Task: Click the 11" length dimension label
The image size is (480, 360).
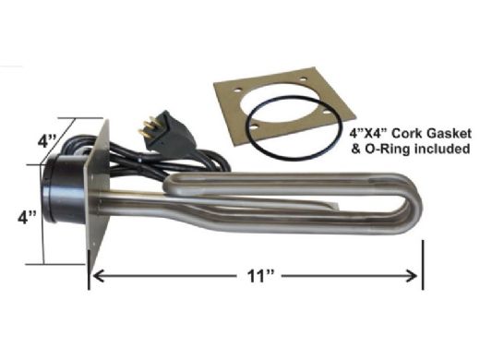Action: (x=260, y=276)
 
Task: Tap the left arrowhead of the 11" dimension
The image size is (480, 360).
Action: (x=98, y=276)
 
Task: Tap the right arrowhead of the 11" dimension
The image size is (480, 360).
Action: (x=412, y=276)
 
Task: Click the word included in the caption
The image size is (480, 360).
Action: (x=442, y=149)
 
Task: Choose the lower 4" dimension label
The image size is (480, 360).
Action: (x=27, y=218)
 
